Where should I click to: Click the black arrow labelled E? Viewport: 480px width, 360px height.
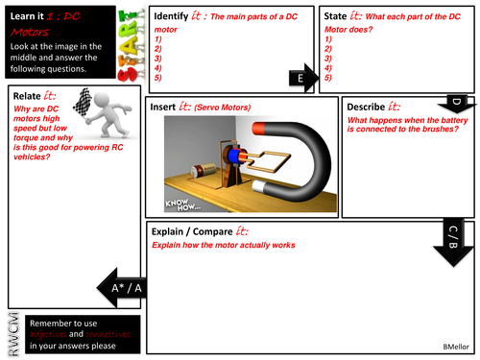[302, 78]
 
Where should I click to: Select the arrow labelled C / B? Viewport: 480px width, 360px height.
[453, 234]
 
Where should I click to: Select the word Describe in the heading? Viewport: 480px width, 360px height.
[371, 106]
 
